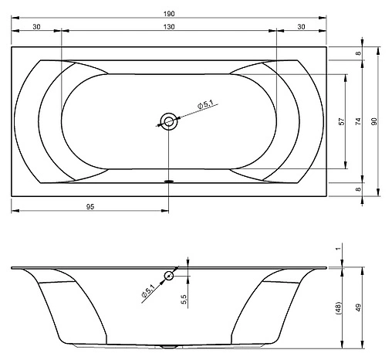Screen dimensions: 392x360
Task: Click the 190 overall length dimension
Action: click(169, 14)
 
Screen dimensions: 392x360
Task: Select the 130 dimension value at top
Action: click(169, 26)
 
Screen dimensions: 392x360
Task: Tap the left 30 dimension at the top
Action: click(36, 26)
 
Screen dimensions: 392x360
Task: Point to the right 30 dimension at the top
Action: click(301, 26)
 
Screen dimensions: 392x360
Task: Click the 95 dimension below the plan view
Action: click(90, 206)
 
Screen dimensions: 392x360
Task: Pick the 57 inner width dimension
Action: click(341, 121)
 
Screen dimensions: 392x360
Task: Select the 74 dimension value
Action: click(358, 121)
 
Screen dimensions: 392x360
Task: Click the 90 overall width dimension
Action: click(374, 121)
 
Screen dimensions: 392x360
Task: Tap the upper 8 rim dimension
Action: click(358, 53)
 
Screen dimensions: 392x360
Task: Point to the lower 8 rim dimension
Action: click(358, 189)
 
